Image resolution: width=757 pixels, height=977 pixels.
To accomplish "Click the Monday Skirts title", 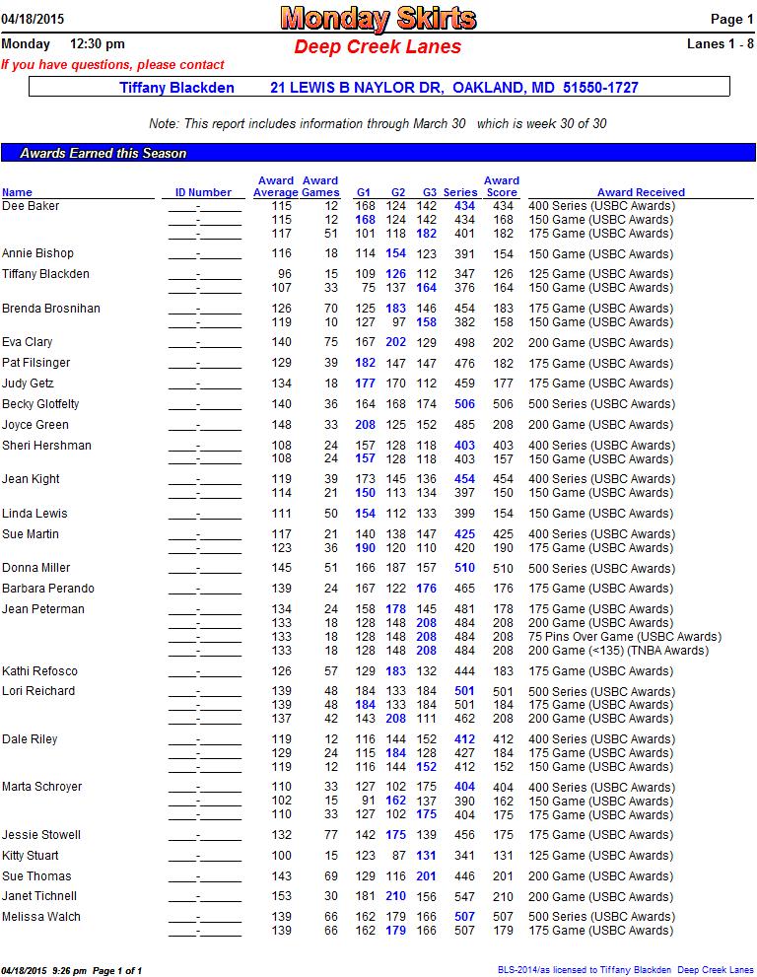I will click(378, 18).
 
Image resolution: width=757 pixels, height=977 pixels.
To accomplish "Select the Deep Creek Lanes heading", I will click(378, 46).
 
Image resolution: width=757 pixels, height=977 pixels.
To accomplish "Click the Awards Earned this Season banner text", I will click(103, 154).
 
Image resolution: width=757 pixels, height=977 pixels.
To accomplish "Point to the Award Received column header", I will click(641, 192).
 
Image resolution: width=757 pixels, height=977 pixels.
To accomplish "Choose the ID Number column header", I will click(203, 192).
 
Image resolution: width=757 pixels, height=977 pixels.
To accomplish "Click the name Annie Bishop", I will click(37, 253).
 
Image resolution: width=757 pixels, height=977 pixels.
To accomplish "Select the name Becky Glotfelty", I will click(40, 404).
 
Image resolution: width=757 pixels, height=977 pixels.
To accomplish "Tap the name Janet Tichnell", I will click(39, 896).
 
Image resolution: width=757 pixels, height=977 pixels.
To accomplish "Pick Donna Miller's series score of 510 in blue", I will click(464, 568).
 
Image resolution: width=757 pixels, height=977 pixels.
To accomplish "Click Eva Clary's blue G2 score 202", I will click(396, 342).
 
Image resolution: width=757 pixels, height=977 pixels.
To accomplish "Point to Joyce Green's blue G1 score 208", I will click(365, 425).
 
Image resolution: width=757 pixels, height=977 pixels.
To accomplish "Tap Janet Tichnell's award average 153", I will click(282, 896).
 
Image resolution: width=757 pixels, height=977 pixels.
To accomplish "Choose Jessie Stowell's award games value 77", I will click(331, 835).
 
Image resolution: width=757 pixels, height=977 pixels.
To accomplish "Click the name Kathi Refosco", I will click(39, 671).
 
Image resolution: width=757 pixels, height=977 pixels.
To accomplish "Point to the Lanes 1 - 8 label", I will click(720, 43).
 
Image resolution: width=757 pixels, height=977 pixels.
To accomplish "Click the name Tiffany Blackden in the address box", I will click(176, 88).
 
